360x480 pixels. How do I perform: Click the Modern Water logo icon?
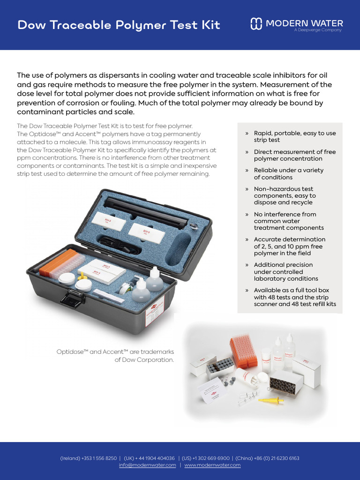[x=256, y=24]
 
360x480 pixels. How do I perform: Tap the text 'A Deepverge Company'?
[x=318, y=30]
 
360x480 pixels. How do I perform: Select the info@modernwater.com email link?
[x=147, y=465]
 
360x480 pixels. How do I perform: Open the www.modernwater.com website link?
[x=212, y=465]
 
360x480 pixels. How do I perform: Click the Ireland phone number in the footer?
[x=89, y=458]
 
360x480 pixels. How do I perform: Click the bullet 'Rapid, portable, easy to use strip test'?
[x=294, y=136]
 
